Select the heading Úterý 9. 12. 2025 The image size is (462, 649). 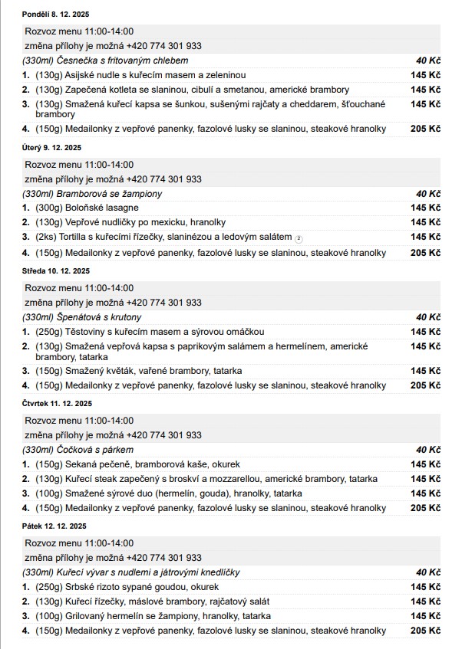click(51, 147)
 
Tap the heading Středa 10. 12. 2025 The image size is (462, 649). click(56, 270)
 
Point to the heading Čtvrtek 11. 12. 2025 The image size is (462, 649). click(57, 403)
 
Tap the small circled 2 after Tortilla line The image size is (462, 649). click(299, 238)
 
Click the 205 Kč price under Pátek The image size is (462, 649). click(425, 631)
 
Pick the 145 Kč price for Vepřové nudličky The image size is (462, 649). click(425, 222)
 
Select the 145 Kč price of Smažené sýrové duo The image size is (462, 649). click(425, 493)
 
